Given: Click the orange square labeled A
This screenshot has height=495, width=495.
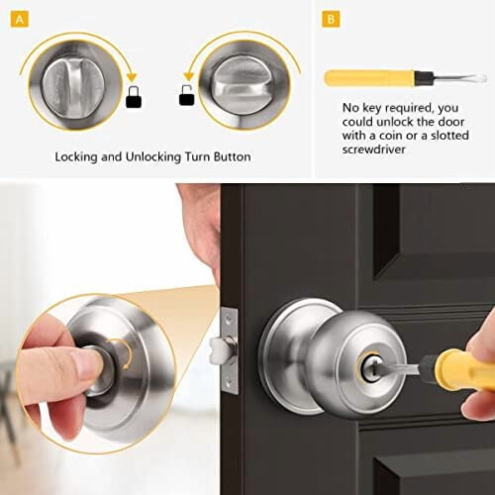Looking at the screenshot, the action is click(20, 20).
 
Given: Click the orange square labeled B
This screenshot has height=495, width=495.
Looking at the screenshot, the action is click(331, 20).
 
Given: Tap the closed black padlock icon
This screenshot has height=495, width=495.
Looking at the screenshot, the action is click(134, 97).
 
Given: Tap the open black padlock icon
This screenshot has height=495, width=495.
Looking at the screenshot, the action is click(187, 95).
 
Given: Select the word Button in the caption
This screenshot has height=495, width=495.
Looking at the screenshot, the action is click(232, 156).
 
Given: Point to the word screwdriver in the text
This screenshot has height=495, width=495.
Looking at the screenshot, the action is click(373, 149).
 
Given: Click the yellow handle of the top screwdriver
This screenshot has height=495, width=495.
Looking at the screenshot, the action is click(369, 78).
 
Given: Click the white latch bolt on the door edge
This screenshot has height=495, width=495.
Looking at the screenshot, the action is click(218, 350).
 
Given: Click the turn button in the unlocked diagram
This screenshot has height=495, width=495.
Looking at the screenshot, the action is click(245, 84).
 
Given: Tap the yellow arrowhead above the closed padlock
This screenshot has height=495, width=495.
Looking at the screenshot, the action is click(132, 78).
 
